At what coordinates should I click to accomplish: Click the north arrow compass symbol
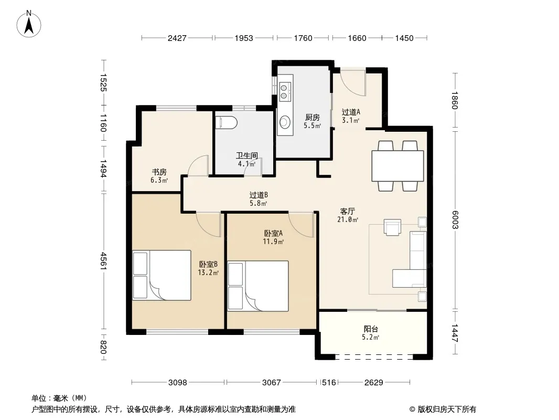29,24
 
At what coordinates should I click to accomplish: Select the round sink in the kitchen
285,122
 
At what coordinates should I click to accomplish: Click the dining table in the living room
397,166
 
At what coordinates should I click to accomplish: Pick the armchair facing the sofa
392,227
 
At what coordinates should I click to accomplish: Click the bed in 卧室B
162,275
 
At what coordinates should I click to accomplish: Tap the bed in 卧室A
258,286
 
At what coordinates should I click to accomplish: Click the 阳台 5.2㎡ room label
371,333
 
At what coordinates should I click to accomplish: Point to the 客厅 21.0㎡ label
348,215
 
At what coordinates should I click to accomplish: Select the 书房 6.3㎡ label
159,176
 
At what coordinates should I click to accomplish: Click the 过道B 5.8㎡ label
259,199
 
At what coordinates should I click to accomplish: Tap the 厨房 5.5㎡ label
313,121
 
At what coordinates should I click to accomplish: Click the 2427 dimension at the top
177,38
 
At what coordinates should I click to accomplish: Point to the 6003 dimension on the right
455,220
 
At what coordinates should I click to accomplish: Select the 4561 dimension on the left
103,261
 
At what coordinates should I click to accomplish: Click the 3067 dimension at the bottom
272,383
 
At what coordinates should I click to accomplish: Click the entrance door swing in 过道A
353,83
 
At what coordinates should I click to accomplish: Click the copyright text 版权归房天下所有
447,409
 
